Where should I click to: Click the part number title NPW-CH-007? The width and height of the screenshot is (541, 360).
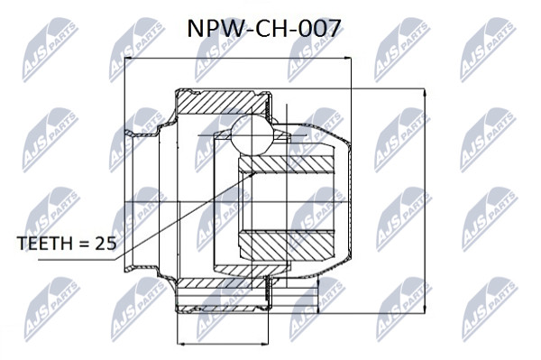coord(264,28)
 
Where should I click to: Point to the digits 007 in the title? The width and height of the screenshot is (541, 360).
coord(320,28)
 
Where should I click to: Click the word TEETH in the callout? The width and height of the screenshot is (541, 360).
coord(45,244)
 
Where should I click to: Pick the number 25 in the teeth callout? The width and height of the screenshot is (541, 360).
coord(105,244)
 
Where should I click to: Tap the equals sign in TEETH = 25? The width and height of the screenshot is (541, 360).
coord(84,244)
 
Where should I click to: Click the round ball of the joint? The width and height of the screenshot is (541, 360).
coord(252,134)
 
